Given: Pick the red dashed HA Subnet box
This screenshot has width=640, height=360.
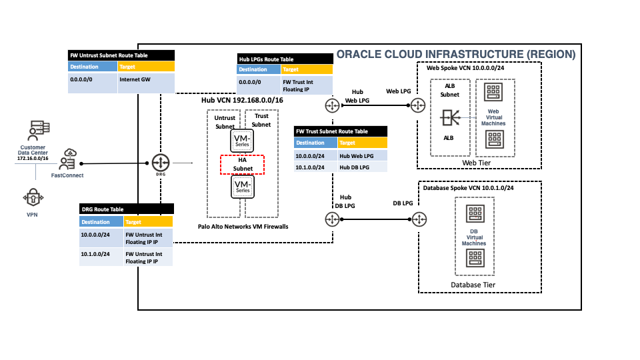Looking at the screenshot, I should [x=243, y=164].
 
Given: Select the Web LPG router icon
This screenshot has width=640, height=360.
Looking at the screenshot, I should [x=418, y=106].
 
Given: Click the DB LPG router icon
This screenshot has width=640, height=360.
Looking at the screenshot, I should [x=419, y=219].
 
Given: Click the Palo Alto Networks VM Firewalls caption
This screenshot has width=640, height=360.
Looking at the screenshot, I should [x=243, y=227].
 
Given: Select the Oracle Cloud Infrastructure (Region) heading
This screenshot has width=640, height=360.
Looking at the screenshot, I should [x=456, y=54].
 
